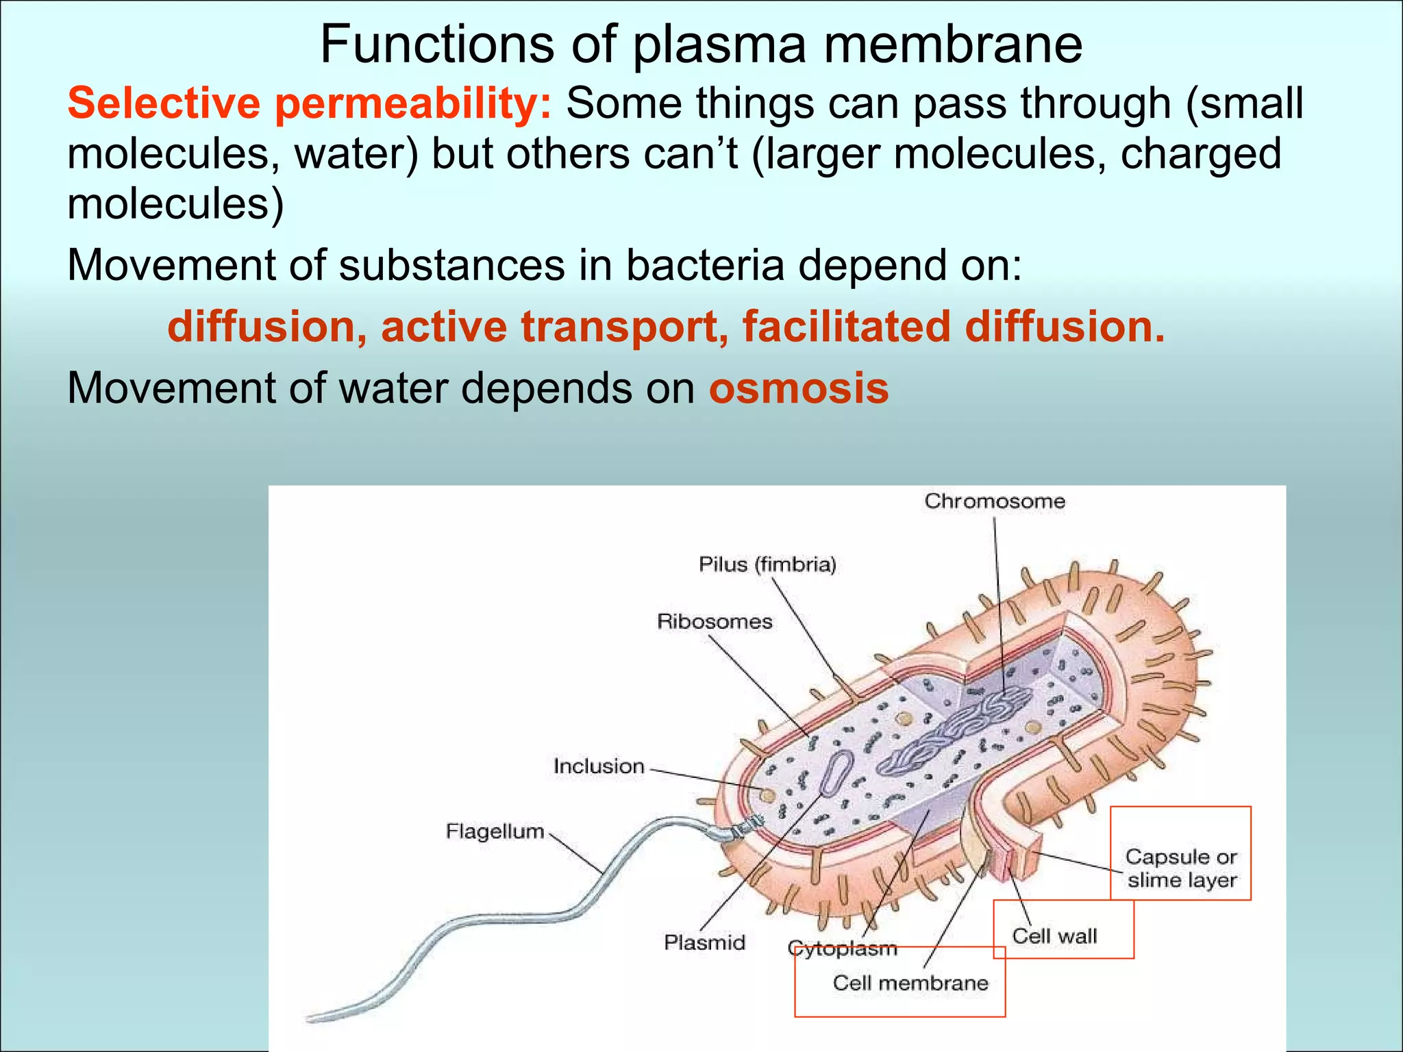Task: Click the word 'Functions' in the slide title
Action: coord(436,45)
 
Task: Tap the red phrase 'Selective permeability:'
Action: coord(309,104)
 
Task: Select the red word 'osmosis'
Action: coord(799,388)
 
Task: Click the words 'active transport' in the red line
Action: coord(555,327)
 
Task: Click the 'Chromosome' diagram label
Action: coord(995,501)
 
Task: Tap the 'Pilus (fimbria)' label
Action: coord(767,564)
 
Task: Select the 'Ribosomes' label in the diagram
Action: coord(715,622)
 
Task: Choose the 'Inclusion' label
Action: coord(599,766)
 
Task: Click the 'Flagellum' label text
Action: coord(495,831)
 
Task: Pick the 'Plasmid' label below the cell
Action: coord(704,943)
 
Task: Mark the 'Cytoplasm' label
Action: coord(842,949)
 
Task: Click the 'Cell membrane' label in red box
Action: coord(910,984)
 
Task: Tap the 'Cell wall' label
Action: coord(1054,936)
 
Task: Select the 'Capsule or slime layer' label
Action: coord(1182,868)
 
